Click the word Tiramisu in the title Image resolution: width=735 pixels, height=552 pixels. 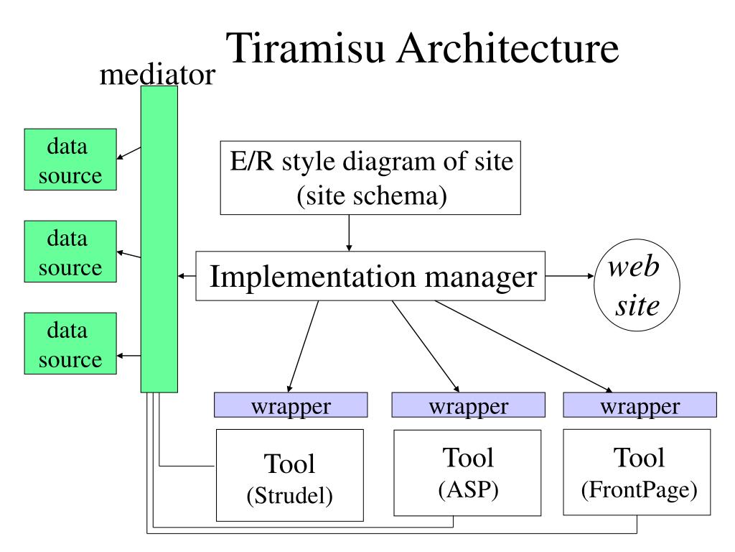305,48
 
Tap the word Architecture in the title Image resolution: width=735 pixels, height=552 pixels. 508,48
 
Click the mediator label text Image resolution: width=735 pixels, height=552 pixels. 157,74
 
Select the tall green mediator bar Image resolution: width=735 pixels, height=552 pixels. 159,239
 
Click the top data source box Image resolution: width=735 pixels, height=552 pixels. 70,160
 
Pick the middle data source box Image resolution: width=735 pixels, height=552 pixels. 70,251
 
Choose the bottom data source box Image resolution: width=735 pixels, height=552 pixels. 70,343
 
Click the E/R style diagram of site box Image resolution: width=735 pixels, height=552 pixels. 370,178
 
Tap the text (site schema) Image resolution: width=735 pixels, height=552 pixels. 372,195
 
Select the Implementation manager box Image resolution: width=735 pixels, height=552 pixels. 370,276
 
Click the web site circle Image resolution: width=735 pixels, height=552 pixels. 637,285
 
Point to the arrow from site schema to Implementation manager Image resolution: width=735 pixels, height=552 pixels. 349,234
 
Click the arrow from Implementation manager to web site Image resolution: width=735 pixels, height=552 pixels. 569,276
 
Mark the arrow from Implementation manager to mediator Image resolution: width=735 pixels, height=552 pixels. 187,276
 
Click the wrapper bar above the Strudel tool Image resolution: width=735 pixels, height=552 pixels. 291,405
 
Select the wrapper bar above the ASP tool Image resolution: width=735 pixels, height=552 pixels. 468,405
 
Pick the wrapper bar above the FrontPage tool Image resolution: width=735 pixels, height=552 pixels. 640,405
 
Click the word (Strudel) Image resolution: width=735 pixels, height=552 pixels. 290,495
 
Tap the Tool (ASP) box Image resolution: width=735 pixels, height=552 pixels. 467,473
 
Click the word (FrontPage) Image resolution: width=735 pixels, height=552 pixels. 640,489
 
